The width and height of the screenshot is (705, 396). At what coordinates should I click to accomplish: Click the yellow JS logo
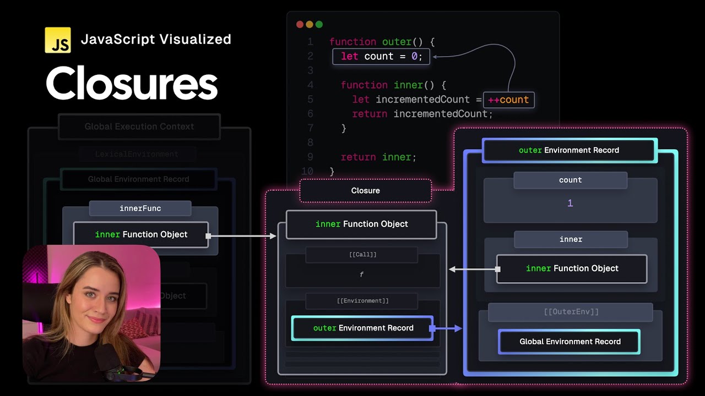point(58,40)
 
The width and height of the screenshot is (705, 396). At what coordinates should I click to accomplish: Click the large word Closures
point(132,84)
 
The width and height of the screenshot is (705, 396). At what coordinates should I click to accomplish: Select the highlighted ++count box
point(508,100)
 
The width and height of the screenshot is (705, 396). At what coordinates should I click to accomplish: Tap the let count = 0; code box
point(381,57)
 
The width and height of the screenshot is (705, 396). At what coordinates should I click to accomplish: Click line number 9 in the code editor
point(310,157)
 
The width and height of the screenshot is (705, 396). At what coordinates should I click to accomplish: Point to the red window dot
point(300,24)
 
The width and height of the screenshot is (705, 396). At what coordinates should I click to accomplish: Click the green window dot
point(319,24)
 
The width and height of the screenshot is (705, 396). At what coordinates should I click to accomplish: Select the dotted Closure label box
point(365,190)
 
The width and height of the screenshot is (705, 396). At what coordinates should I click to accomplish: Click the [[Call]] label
point(362,255)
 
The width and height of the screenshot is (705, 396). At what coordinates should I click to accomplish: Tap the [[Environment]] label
point(362,301)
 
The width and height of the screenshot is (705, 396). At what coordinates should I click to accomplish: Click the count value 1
point(570,203)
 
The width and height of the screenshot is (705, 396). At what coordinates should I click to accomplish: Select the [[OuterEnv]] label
point(571,312)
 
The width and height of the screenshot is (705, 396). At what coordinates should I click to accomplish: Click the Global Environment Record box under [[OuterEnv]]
point(570,342)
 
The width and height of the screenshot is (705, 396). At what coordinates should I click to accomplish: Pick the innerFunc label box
point(140,208)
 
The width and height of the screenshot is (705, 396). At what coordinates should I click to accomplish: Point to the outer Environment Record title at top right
point(569,150)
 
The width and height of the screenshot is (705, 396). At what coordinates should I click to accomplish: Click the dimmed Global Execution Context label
point(139,127)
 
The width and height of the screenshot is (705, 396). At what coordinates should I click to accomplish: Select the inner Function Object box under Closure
point(361,224)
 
